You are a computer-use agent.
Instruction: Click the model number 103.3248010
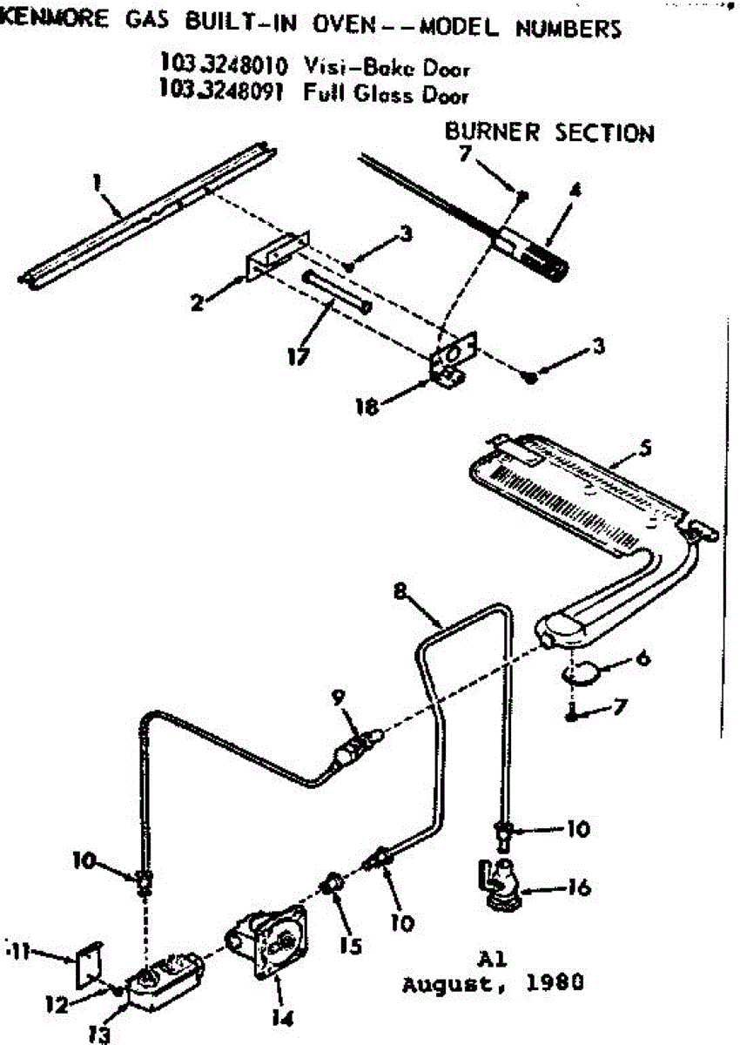224,65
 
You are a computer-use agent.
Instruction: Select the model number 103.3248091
221,90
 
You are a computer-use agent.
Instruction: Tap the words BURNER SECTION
549,132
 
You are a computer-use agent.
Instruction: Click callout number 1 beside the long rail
96,184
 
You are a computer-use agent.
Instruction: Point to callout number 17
299,357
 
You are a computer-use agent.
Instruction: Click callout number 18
367,408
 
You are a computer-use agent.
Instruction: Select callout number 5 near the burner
645,448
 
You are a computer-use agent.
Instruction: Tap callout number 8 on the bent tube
400,591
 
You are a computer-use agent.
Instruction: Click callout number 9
338,698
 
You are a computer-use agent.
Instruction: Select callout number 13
99,1035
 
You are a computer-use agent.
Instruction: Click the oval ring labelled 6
582,673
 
